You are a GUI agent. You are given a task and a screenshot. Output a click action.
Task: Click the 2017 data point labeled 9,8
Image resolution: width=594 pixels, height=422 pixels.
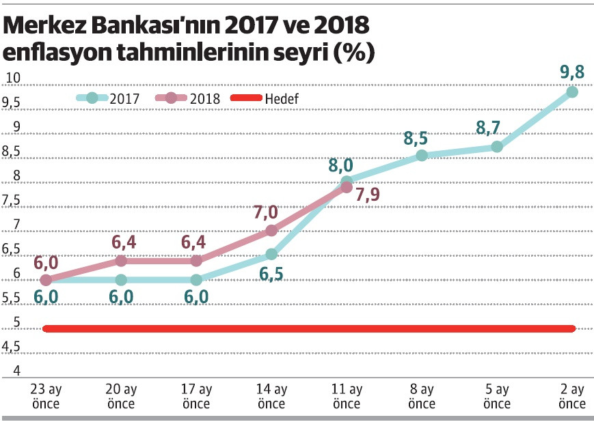[572, 92]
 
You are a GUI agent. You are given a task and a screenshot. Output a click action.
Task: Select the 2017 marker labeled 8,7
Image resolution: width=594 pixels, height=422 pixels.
[497, 147]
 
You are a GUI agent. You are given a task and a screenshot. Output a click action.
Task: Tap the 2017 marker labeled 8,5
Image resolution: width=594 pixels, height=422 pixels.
[422, 155]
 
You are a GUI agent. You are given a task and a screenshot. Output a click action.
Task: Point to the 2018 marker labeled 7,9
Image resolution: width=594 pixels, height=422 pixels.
[346, 187]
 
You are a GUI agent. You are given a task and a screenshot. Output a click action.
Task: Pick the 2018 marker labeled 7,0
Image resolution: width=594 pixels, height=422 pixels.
[271, 231]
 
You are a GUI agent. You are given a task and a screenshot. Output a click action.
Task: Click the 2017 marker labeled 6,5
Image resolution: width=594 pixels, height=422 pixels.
[271, 255]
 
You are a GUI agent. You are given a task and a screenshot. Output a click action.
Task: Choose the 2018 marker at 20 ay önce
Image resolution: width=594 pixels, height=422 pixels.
[121, 260]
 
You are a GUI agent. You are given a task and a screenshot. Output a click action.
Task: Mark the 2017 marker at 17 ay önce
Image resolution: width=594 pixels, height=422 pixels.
[196, 280]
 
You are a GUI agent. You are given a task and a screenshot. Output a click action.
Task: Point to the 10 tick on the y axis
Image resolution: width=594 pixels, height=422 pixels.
[12, 78]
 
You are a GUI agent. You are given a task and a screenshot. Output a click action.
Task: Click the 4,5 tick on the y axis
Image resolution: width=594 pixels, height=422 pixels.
[12, 348]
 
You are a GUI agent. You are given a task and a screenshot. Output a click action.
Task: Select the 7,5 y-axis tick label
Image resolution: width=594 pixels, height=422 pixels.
[12, 200]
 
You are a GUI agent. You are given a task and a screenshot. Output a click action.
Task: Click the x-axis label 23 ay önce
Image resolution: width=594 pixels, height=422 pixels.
[46, 397]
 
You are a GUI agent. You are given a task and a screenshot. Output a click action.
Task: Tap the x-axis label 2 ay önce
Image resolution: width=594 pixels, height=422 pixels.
[572, 397]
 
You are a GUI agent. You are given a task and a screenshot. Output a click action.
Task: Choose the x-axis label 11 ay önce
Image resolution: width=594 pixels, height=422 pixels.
[347, 397]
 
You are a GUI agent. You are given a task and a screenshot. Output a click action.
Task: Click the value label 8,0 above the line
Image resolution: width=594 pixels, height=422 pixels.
[340, 166]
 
